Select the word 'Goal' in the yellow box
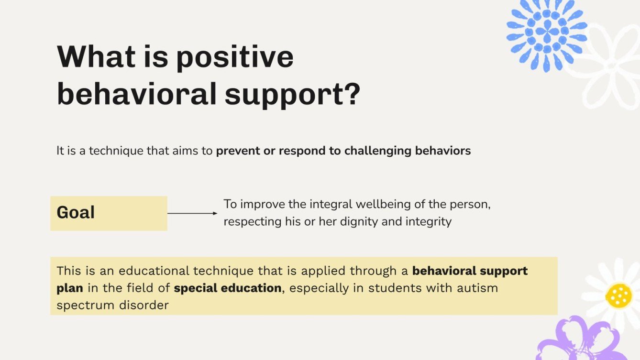(76, 213)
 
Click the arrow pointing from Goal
(192, 213)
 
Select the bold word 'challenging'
(371, 151)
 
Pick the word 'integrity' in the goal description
(429, 222)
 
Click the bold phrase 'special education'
(228, 288)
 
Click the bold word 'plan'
(70, 288)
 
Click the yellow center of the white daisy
(618, 296)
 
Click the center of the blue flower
(547, 32)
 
